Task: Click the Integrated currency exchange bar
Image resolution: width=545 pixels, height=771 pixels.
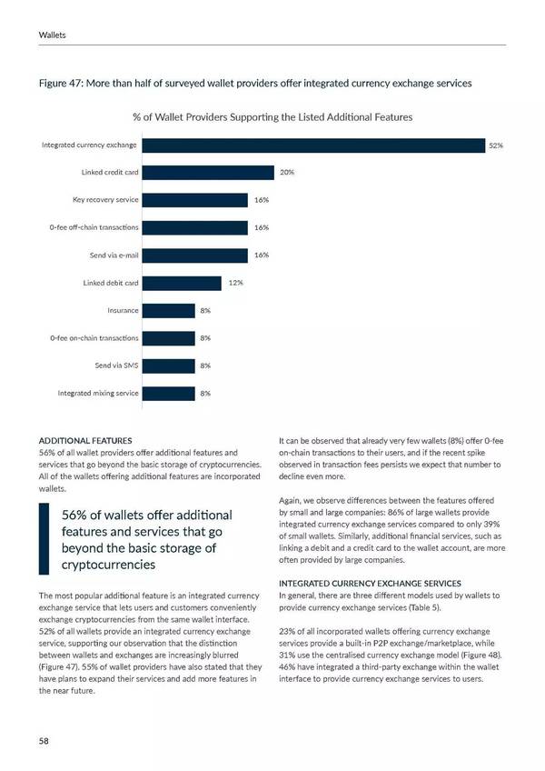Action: point(313,145)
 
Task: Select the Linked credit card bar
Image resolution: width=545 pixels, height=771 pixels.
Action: point(208,173)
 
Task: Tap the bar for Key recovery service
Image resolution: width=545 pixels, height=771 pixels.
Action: point(194,200)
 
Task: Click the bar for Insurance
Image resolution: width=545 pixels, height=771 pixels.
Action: point(168,311)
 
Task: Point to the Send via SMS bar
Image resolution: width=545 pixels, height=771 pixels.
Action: point(168,365)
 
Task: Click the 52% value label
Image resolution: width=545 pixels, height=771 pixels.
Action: point(496,145)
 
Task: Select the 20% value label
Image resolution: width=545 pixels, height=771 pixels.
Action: point(286,173)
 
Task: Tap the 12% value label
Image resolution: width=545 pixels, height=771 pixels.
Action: point(234,283)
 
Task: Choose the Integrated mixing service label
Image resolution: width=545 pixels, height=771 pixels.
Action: point(98,394)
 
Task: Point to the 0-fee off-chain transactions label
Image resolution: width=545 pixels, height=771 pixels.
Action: point(94,227)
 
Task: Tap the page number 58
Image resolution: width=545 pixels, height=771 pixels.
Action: point(44,741)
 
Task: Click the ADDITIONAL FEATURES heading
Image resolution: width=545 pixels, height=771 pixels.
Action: point(85,440)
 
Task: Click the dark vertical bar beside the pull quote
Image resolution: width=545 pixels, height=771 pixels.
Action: point(43,539)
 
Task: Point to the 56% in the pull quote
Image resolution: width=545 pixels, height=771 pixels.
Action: point(74,516)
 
